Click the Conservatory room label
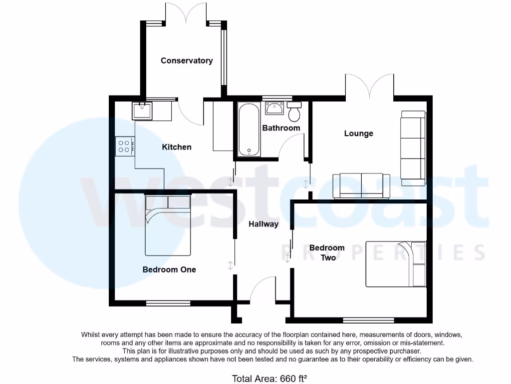(x=187, y=60)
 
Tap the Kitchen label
(x=177, y=147)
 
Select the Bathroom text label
(x=281, y=128)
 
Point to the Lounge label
(x=358, y=133)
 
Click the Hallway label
(x=263, y=224)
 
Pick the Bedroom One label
(x=169, y=269)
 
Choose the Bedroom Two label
(x=327, y=252)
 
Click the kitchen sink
(x=142, y=110)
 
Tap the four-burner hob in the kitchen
(x=124, y=146)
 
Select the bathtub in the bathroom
(x=248, y=130)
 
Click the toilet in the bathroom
(x=294, y=112)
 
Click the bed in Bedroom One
(x=168, y=225)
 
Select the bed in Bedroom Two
(x=396, y=264)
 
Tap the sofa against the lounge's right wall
(x=412, y=145)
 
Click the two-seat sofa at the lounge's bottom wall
(x=361, y=185)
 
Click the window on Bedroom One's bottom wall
(x=168, y=303)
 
